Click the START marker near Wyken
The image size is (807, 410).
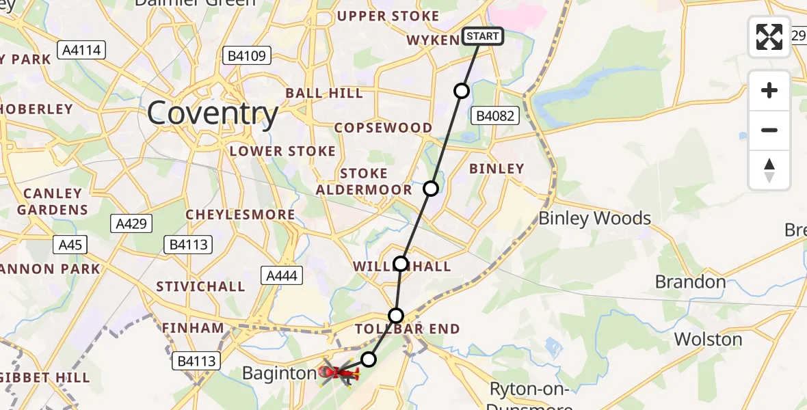[483, 36]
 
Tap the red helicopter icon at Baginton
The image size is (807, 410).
[337, 372]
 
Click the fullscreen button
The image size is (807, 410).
[769, 37]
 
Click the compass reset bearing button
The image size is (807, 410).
[769, 170]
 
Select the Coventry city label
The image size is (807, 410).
[213, 113]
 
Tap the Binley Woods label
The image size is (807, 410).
[595, 219]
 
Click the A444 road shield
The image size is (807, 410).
[280, 275]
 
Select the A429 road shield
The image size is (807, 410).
[131, 223]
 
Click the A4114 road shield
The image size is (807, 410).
[81, 50]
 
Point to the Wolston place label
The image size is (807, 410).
[708, 340]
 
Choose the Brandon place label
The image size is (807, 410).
[690, 282]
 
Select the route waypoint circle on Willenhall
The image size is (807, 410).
[401, 264]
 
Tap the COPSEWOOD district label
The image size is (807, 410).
[383, 128]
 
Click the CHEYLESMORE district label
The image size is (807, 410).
[241, 215]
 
